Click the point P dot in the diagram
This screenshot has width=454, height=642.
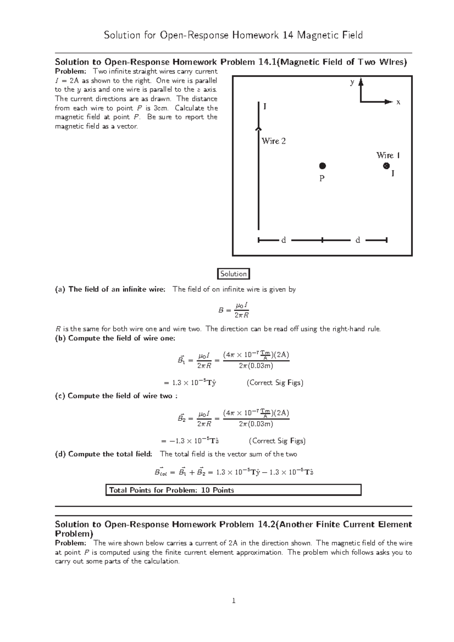[322, 166]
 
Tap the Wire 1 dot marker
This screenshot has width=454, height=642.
[386, 166]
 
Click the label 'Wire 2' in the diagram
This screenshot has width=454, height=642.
[274, 141]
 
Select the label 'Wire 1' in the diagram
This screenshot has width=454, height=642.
[388, 155]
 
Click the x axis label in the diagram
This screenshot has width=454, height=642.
[398, 102]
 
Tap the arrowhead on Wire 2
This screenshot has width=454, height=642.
[258, 129]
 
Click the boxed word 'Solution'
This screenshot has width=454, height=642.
[233, 274]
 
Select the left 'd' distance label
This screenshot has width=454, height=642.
[283, 240]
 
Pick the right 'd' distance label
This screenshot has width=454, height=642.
[358, 240]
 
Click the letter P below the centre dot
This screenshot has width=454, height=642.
[322, 178]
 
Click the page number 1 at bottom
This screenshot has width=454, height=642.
[234, 600]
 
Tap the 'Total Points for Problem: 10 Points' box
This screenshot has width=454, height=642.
[233, 490]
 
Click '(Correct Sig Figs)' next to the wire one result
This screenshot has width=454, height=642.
[275, 383]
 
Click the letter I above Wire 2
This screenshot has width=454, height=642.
[265, 107]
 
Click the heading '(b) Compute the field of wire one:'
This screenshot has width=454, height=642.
[115, 338]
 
